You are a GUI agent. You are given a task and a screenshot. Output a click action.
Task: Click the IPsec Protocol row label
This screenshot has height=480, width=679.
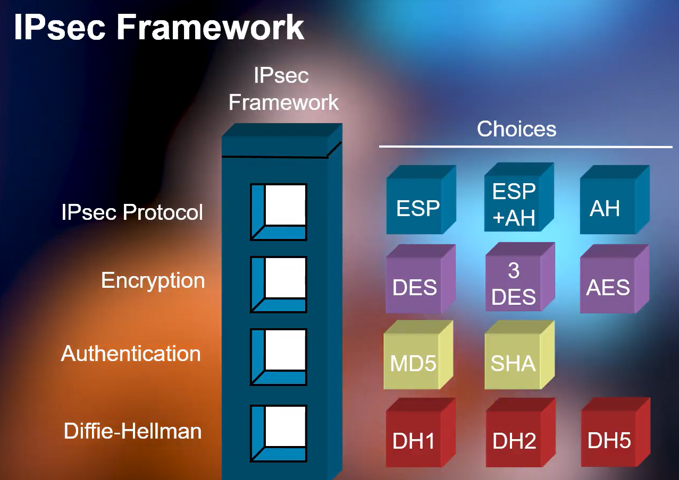[x=132, y=212]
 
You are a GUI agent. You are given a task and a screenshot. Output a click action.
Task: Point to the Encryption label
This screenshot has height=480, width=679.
[x=153, y=280]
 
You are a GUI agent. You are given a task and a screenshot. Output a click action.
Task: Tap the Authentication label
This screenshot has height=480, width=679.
[x=131, y=354]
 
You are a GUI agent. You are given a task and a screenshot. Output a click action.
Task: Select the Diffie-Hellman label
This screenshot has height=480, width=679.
[x=133, y=431]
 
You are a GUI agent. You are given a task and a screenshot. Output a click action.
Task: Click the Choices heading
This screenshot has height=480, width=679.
[x=516, y=129]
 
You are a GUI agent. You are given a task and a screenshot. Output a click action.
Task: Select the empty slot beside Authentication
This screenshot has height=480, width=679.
[x=285, y=350]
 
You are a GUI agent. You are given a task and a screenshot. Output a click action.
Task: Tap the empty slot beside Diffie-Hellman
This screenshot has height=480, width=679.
[x=285, y=427]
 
